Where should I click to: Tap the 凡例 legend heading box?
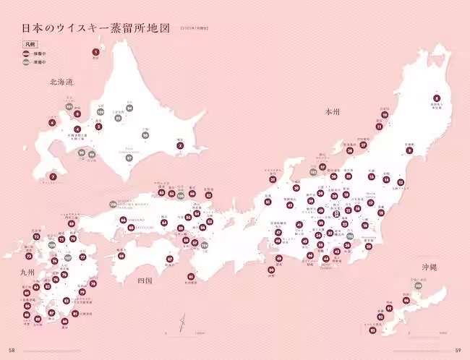point(30,45)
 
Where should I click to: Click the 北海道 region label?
point(61,82)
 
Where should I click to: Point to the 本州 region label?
point(332,112)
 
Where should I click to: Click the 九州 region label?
point(28,272)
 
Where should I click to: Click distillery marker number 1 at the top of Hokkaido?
point(95,52)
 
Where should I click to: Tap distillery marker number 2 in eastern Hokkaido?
point(180,147)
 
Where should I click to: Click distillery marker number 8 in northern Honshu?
point(437,98)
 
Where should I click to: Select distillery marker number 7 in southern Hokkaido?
point(53,176)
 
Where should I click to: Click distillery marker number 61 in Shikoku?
point(191,276)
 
